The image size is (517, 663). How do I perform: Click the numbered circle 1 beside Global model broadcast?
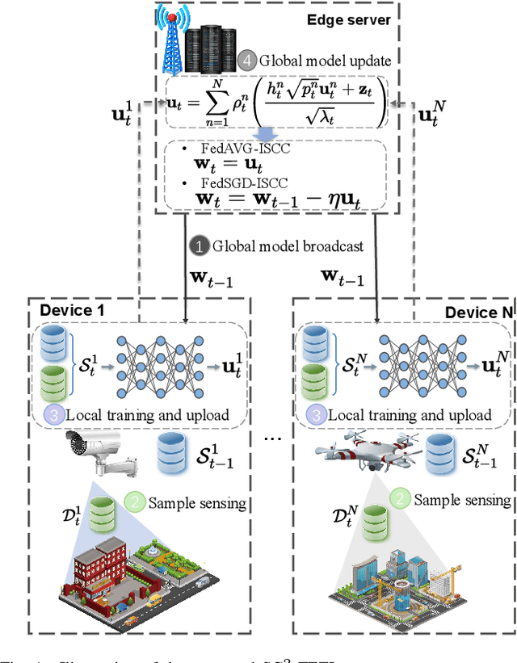[197, 244]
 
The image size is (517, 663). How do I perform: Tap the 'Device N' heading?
[478, 311]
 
